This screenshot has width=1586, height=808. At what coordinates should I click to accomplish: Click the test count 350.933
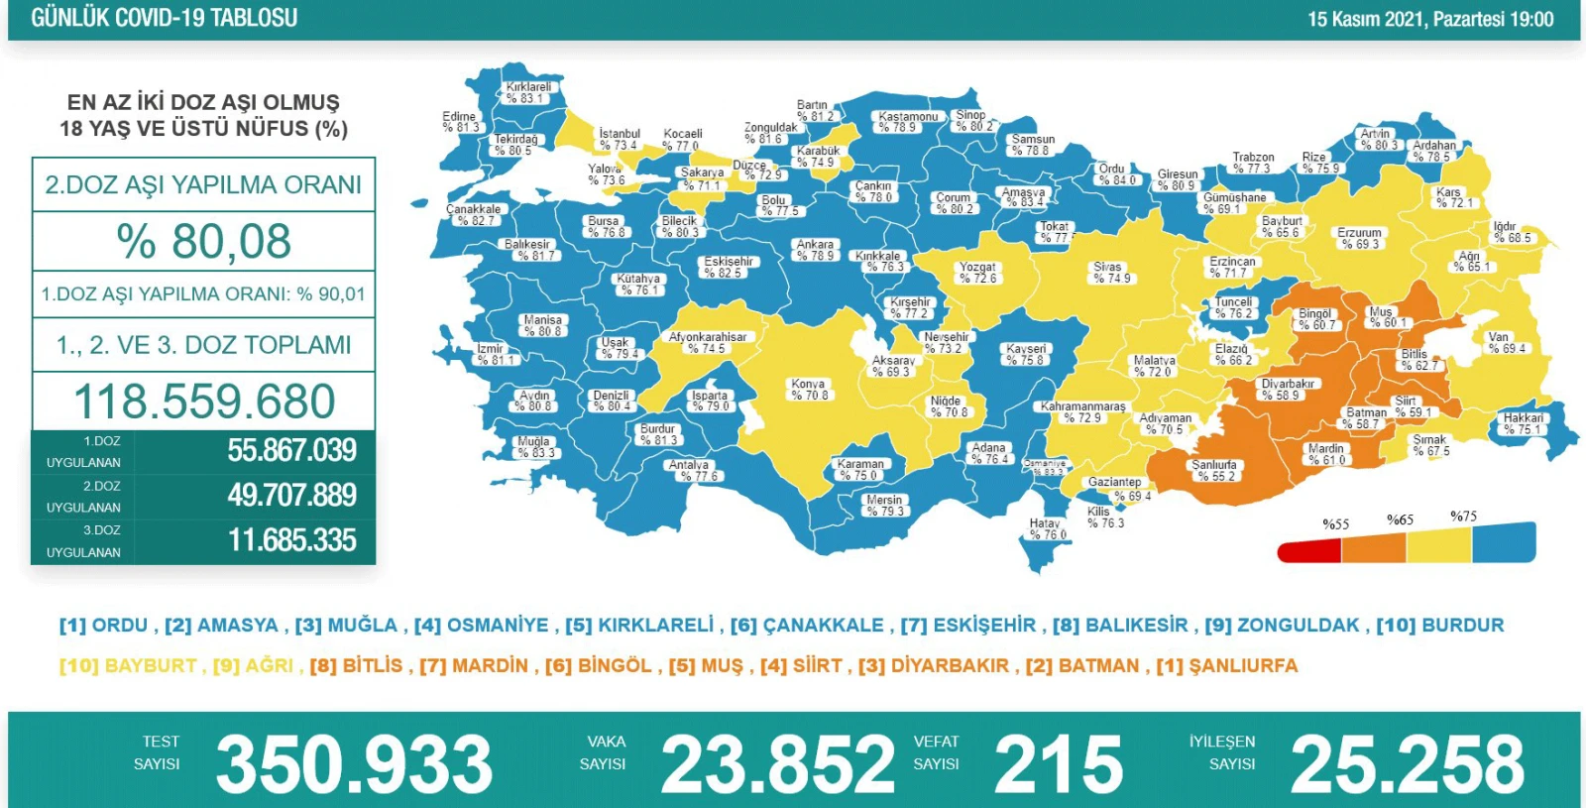354,764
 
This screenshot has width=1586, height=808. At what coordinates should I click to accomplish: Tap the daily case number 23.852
777,764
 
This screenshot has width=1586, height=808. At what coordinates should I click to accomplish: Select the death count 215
1058,764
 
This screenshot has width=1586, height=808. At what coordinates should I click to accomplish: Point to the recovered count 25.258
1407,764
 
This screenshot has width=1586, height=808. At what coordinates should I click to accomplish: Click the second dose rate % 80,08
203,241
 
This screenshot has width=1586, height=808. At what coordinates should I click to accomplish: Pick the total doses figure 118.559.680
204,402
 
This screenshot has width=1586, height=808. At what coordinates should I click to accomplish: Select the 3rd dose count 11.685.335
291,540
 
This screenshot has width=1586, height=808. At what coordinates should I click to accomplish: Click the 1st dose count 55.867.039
291,450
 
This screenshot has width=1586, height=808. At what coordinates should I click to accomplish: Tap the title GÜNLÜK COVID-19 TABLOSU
164,18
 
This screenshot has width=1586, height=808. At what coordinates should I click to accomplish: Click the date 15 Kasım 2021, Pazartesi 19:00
1429,19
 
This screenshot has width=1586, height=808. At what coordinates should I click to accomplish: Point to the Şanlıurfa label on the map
1214,470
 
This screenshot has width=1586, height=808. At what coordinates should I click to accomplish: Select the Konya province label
809,389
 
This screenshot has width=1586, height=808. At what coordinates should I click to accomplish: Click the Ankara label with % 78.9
815,250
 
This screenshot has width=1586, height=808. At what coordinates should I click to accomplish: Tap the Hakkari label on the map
1523,423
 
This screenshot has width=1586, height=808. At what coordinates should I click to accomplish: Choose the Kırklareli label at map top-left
527,92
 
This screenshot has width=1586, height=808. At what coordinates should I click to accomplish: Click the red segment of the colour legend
1308,551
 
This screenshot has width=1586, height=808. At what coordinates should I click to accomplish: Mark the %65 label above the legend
1400,519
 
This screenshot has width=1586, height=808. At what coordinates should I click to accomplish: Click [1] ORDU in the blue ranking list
103,626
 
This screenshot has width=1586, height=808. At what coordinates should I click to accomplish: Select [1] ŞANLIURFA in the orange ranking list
1226,666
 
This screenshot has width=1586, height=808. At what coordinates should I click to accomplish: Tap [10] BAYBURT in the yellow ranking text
128,666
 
